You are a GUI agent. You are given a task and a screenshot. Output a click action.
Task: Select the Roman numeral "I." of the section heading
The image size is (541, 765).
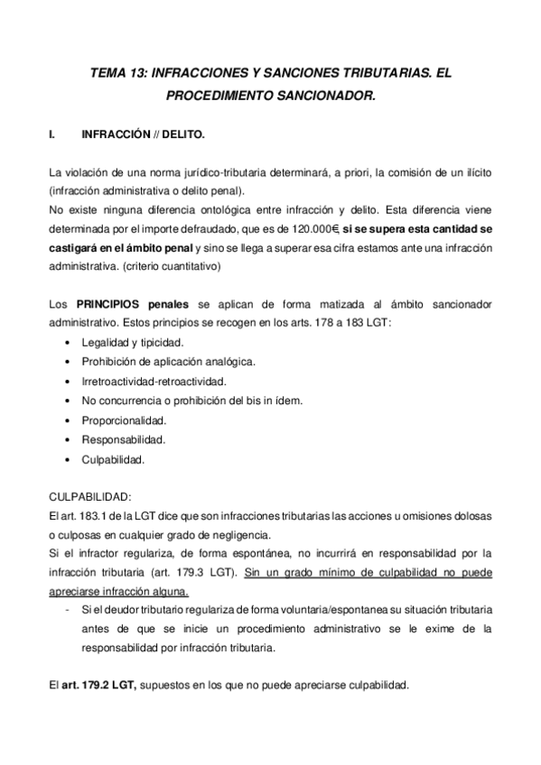(51, 136)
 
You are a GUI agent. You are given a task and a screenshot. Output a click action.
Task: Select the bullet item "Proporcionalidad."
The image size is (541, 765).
(123, 420)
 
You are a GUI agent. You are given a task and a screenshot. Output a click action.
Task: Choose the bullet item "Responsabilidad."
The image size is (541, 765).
(123, 440)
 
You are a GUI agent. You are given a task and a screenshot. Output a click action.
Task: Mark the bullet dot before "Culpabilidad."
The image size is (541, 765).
(70, 460)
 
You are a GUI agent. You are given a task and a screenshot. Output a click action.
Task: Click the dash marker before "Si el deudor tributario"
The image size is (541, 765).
(70, 610)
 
